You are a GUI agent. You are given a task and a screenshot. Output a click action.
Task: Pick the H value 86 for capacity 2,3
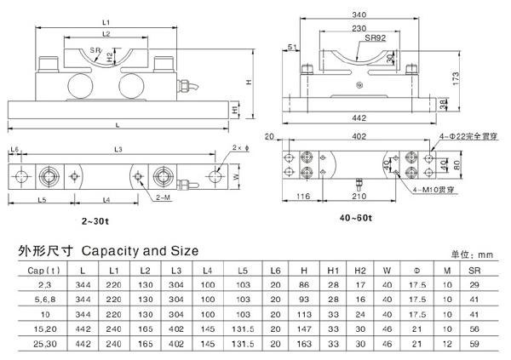302,283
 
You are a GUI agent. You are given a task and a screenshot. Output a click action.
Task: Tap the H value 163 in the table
303,344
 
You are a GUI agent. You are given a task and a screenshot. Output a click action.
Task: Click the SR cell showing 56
474,329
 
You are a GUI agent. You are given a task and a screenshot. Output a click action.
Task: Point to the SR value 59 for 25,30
474,344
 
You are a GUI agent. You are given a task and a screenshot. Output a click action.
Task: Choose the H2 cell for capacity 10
360,313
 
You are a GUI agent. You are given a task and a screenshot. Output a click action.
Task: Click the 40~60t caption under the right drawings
355,219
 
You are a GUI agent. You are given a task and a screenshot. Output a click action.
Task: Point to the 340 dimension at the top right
358,14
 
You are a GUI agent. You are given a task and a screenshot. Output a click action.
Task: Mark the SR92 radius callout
375,38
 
